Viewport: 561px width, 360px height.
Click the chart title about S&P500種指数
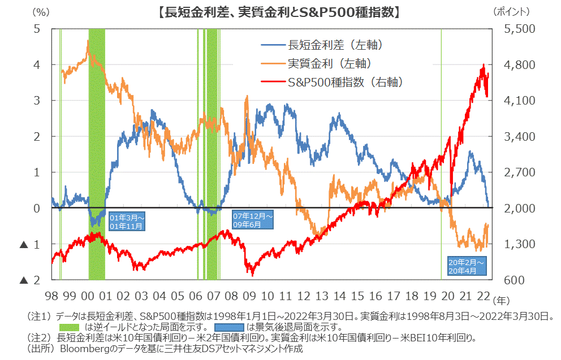[280, 11]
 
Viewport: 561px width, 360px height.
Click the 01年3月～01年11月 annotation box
[127, 222]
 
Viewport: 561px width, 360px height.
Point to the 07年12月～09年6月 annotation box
[253, 220]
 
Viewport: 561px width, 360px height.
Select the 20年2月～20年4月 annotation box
[465, 267]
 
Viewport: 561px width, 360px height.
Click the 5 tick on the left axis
[37, 28]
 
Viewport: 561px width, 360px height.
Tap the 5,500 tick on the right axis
[514, 28]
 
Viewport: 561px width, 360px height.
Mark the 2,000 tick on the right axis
[514, 208]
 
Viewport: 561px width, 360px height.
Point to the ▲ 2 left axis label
[31, 280]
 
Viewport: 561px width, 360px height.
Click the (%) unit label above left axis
[41, 11]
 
